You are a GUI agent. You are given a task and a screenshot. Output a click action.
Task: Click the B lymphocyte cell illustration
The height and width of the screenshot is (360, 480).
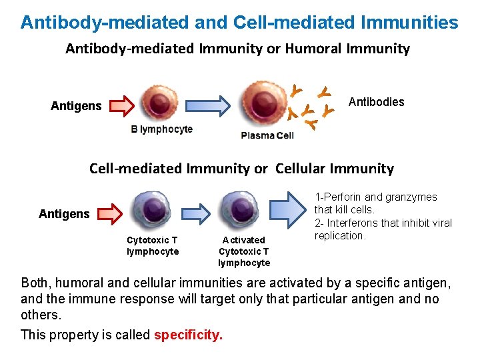159,104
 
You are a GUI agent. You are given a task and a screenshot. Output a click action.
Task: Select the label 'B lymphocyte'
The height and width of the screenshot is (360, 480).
161,129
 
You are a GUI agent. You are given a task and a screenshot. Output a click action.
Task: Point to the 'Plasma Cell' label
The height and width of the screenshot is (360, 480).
267,135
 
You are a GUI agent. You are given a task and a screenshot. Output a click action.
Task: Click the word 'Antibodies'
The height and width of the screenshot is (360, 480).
377,102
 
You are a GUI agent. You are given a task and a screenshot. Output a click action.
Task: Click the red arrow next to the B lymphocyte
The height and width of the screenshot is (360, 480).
121,105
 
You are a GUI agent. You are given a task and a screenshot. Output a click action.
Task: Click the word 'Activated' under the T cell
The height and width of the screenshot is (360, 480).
243,240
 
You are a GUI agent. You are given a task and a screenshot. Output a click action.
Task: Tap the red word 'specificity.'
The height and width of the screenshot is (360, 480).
188,335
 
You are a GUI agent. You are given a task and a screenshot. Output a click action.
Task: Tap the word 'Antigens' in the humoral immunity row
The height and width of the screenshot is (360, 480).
76,106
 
